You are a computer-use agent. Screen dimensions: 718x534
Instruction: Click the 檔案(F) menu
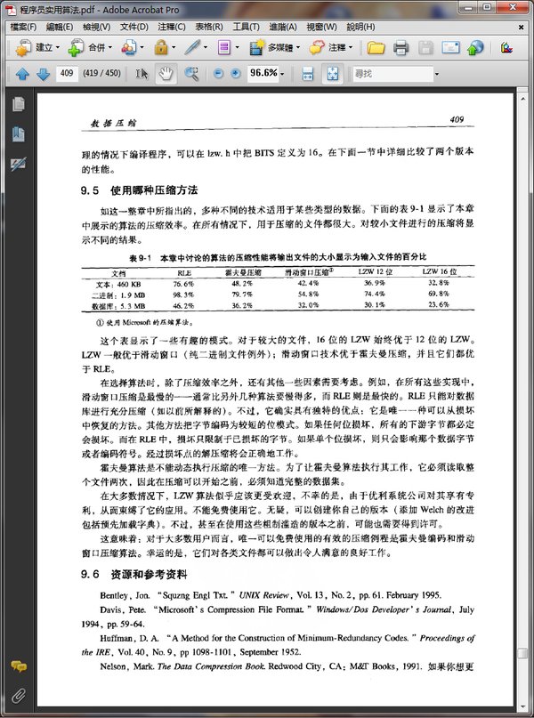(x=23, y=27)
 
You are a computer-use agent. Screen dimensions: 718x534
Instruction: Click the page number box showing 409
(x=66, y=72)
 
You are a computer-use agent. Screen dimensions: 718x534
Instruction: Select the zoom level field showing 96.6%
(x=264, y=72)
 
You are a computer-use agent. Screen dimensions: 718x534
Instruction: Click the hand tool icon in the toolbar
(x=166, y=72)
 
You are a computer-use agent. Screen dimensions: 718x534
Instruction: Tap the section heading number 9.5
(x=88, y=190)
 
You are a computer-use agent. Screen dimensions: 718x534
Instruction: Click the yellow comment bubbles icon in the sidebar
(x=18, y=666)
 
